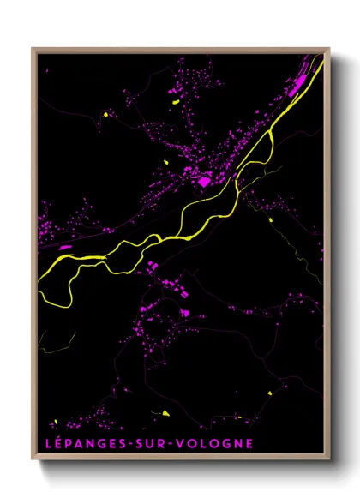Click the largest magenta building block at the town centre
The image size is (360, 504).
point(204,181)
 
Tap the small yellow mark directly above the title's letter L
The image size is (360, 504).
point(55,422)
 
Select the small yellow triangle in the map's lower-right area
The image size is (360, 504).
point(269,393)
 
